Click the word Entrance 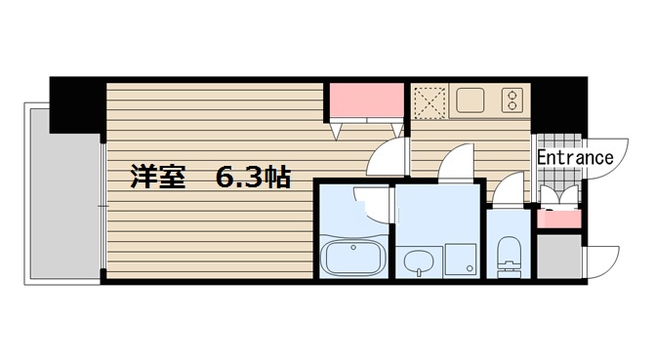tap(575, 157)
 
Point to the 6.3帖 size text tap(252, 179)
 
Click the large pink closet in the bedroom tap(367, 100)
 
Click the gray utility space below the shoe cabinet tap(558, 257)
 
